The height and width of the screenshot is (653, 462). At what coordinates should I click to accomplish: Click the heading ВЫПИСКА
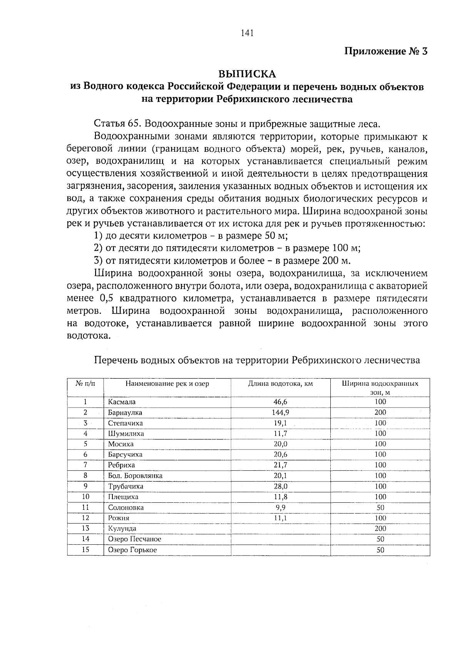pyautogui.click(x=247, y=73)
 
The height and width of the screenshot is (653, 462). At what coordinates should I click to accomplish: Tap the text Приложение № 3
pyautogui.click(x=386, y=51)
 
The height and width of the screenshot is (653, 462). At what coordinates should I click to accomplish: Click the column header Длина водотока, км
pyautogui.click(x=280, y=384)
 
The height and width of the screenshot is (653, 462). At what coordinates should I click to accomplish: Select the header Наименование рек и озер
pyautogui.click(x=167, y=384)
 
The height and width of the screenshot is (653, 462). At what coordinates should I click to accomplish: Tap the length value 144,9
pyautogui.click(x=280, y=412)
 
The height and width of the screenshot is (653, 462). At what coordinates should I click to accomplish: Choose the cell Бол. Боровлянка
pyautogui.click(x=135, y=476)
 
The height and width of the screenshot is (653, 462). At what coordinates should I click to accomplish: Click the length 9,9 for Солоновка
pyautogui.click(x=280, y=507)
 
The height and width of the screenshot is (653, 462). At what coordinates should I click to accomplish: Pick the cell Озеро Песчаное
pyautogui.click(x=134, y=539)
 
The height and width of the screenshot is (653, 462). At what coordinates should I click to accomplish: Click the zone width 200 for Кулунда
pyautogui.click(x=380, y=529)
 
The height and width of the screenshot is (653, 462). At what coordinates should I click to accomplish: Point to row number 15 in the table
pyautogui.click(x=85, y=550)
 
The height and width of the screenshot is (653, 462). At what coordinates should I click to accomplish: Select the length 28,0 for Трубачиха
pyautogui.click(x=280, y=486)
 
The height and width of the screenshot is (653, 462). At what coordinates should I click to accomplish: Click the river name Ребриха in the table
pyautogui.click(x=121, y=465)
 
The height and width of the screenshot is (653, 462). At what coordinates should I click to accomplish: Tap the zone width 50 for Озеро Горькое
pyautogui.click(x=380, y=550)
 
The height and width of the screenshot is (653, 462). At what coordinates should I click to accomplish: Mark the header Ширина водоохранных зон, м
pyautogui.click(x=380, y=388)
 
